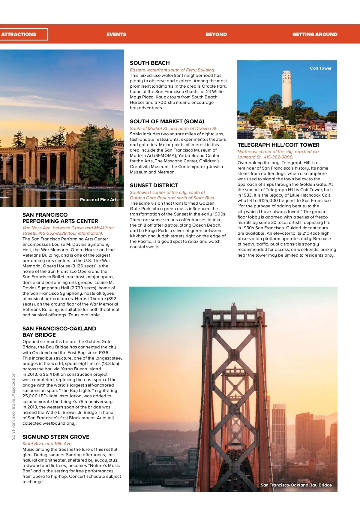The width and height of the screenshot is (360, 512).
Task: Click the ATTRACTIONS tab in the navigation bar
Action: pyautogui.click(x=19, y=34)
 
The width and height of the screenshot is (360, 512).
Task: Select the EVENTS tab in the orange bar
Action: pyautogui.click(x=116, y=34)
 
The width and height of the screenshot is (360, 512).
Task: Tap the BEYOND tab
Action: pyautogui.click(x=216, y=34)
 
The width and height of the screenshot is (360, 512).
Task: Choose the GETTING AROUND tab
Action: pyautogui.click(x=315, y=34)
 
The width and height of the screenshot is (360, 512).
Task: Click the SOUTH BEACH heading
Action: pyautogui.click(x=150, y=63)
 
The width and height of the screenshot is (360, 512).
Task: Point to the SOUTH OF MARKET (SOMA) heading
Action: pyautogui.click(x=167, y=122)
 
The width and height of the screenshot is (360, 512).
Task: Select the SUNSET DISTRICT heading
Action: pyautogui.click(x=154, y=185)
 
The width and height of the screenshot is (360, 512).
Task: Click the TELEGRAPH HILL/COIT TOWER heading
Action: pyautogui.click(x=278, y=145)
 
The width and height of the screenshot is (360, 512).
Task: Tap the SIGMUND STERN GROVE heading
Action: pyautogui.click(x=56, y=437)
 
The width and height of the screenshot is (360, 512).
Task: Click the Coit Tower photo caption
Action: pyautogui.click(x=320, y=68)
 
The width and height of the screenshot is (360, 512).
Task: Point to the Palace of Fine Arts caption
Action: pyautogui.click(x=99, y=200)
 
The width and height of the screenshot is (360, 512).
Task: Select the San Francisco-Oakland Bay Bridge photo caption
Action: pyautogui.click(x=296, y=485)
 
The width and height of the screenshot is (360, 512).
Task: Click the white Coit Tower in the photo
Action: pyautogui.click(x=286, y=89)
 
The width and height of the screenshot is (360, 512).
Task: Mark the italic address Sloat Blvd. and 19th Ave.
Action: pyautogui.click(x=47, y=444)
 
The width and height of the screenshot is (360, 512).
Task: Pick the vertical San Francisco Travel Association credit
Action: pyautogui.click(x=13, y=406)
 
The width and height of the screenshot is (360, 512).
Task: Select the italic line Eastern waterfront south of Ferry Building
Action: pyautogui.click(x=172, y=70)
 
